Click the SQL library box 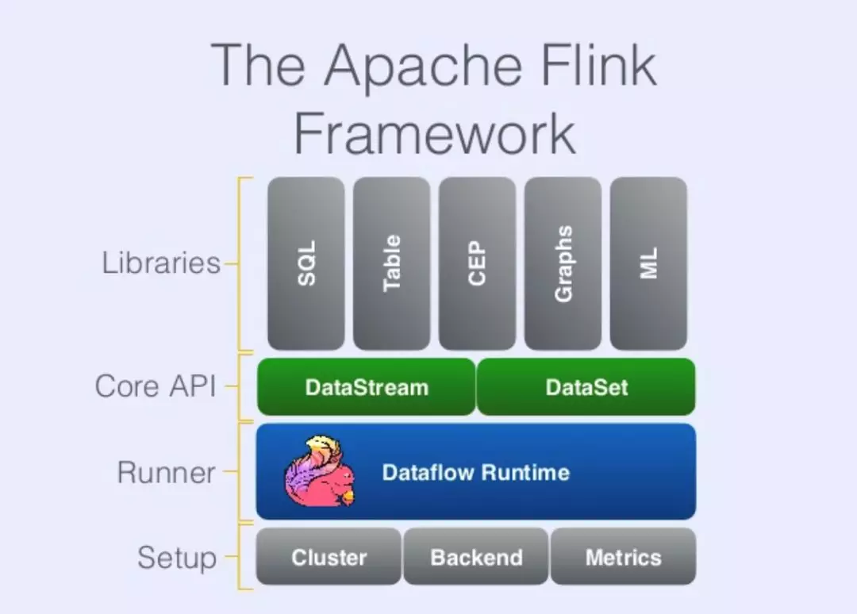306,263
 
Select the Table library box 392,263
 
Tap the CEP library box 477,263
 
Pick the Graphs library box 563,263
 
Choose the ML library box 648,263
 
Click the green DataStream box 367,387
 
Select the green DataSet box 586,387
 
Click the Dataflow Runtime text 476,473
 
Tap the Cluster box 329,557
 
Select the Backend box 476,557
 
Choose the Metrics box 623,557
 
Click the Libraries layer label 161,263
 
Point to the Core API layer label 156,387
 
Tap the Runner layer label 167,473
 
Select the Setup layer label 176,557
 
